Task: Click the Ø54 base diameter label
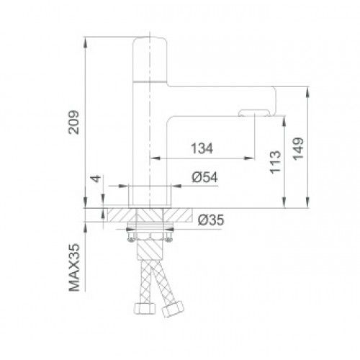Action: click(204, 179)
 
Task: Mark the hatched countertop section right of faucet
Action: click(184, 216)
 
